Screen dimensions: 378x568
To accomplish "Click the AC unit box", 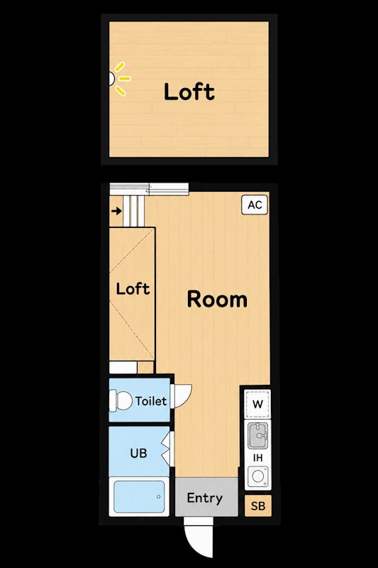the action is tap(255, 204).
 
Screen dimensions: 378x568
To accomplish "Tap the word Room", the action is tap(217, 300).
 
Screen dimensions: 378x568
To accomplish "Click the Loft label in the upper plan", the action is tap(189, 92).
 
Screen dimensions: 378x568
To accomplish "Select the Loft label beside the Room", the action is tap(133, 289).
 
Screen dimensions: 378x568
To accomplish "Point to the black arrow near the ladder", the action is tap(116, 211).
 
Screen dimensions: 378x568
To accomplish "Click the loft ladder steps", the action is tap(134, 211).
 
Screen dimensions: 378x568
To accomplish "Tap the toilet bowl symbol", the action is tap(121, 400).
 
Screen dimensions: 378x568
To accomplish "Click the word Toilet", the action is tap(151, 401).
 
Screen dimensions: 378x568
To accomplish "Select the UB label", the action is tap(138, 453).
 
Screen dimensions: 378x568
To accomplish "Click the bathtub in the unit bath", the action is tap(139, 496).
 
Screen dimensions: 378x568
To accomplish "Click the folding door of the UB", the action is tap(167, 449).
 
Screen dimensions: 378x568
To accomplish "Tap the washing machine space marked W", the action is tap(257, 404).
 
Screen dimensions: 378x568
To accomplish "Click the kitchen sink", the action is tap(257, 435).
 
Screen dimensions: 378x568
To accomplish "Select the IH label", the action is tap(257, 458).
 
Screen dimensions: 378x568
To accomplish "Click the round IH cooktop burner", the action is tap(258, 476).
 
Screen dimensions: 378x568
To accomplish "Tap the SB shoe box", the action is tap(258, 506).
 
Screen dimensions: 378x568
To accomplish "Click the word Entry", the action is tap(205, 498).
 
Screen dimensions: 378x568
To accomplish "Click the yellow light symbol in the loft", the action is tap(121, 79).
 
